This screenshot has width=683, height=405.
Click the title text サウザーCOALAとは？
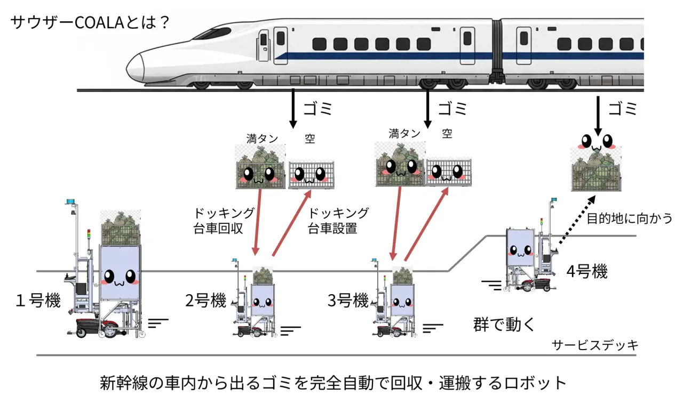coord(90,22)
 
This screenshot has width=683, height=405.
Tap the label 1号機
coord(38,301)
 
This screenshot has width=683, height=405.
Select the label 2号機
coord(206,301)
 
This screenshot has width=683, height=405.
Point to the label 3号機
coord(348,301)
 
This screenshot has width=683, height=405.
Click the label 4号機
coord(587,271)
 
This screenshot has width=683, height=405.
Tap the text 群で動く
coord(504,325)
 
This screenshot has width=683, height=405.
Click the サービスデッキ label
coord(595,345)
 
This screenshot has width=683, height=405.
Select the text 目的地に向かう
coord(629,218)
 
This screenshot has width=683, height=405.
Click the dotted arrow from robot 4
coord(577,220)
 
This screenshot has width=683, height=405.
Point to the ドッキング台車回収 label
coord(224,221)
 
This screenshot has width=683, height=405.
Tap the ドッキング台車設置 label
coord(338,221)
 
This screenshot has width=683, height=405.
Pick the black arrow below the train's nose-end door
coord(293,108)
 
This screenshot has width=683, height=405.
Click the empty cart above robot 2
coord(311,175)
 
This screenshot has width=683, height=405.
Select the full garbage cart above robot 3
coord(400,165)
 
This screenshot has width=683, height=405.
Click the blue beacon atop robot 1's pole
coord(70,201)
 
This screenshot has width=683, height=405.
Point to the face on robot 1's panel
coord(120,278)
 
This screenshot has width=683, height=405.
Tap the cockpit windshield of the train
coord(215,33)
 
